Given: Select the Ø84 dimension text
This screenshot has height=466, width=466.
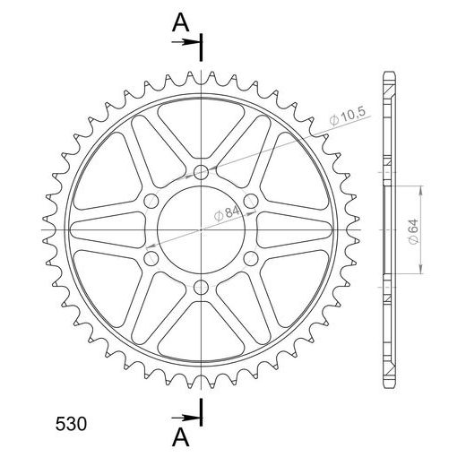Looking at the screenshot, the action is click(x=227, y=213).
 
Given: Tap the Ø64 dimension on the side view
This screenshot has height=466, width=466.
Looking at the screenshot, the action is click(x=413, y=231).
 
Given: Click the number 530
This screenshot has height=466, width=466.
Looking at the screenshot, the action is click(x=71, y=424).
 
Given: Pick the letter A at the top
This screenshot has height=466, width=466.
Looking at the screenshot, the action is click(x=181, y=23).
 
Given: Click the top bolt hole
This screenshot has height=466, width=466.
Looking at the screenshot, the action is click(x=201, y=172).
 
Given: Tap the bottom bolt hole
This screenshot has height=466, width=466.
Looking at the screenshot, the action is click(x=201, y=288).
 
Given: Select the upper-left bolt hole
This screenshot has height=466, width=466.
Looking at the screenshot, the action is click(x=151, y=201).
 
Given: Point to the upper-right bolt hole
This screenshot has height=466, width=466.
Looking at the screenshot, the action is click(x=251, y=201).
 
